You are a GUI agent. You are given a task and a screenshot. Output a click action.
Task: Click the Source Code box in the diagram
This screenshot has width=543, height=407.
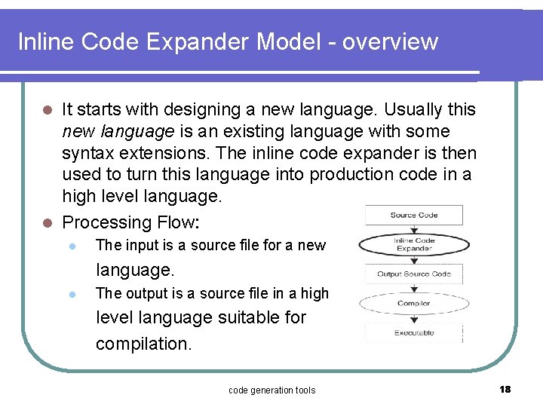pos(413,216)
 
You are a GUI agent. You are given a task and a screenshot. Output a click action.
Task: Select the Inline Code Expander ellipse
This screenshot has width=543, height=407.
pos(413,244)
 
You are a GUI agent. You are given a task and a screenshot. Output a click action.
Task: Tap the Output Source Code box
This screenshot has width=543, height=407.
pos(413,274)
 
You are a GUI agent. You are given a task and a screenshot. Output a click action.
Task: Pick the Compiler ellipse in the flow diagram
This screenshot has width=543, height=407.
pos(413,303)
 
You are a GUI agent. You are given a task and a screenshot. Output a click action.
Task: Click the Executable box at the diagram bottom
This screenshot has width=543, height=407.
pos(413,332)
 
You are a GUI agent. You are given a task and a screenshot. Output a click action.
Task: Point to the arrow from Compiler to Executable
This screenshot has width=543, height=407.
pos(413,319)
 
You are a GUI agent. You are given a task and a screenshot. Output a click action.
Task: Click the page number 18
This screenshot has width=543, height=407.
pos(505,389)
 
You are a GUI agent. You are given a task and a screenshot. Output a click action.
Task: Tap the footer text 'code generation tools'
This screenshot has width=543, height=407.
pos(271,390)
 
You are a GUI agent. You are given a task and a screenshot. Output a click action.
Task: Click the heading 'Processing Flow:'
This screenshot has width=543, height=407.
pos(130,222)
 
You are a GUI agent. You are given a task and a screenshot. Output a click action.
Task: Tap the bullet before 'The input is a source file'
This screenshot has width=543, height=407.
pos(70,246)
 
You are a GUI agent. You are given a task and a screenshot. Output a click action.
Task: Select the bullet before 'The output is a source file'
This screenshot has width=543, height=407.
pos(70,294)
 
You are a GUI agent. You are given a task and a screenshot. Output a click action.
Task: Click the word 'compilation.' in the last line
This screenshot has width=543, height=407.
pos(143,344)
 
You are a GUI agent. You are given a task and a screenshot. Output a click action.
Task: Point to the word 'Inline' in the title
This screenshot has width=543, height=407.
pos(44,41)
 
